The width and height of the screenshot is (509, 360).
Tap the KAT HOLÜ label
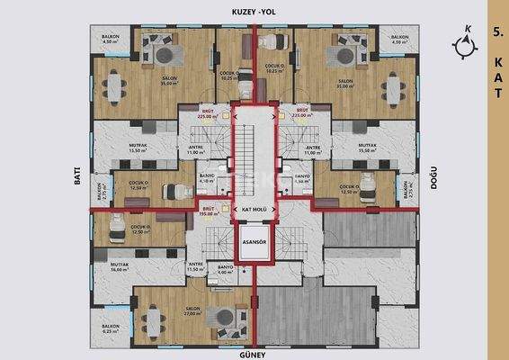[x=254, y=210]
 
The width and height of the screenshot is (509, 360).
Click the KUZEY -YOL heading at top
[x=254, y=8]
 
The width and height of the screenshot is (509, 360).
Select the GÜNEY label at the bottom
[x=254, y=354]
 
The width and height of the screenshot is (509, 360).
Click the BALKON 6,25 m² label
[x=111, y=328]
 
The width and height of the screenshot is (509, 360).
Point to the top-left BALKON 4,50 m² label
[x=111, y=40]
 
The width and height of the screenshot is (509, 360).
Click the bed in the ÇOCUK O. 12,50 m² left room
[x=116, y=237]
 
